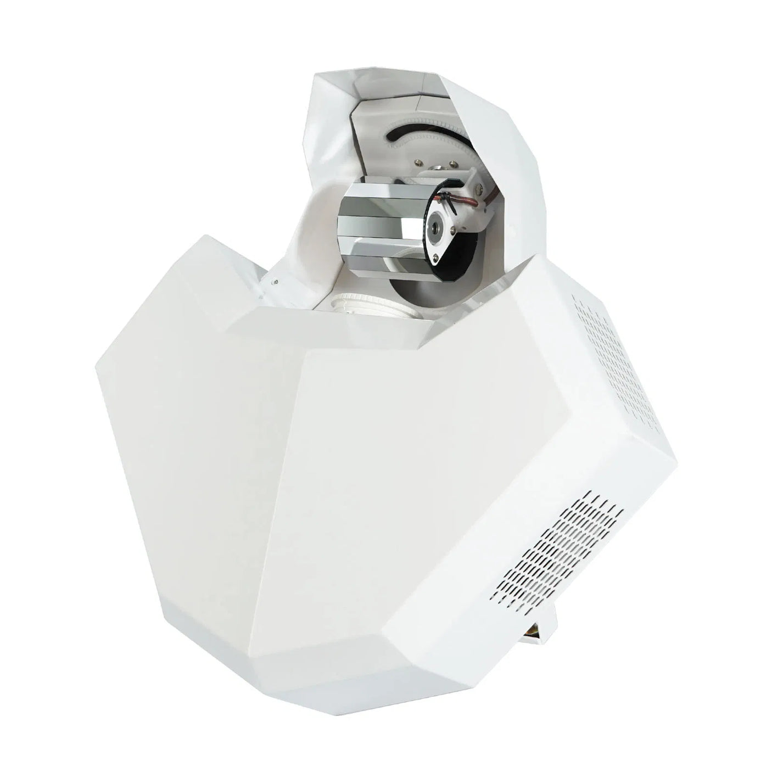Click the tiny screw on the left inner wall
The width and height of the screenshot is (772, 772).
click(276, 283)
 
